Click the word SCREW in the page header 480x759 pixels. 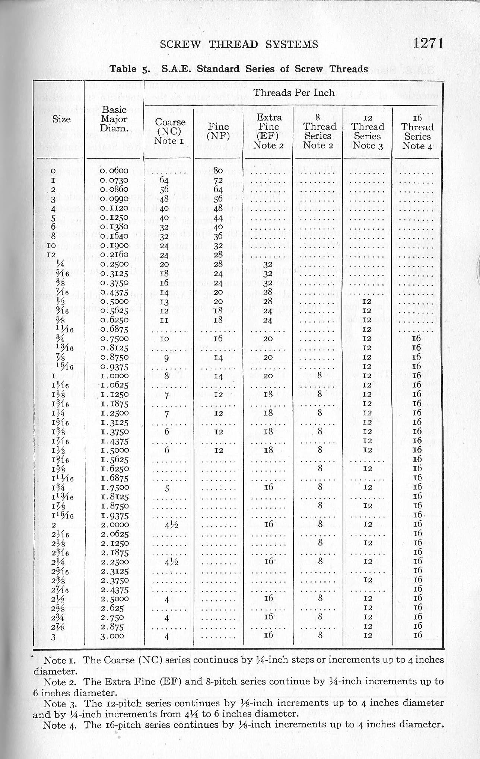[x=181, y=45]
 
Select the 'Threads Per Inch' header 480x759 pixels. [x=294, y=93]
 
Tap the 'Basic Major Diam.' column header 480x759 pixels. [x=114, y=119]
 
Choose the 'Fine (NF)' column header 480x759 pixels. [x=219, y=131]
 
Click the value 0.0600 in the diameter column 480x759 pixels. [x=114, y=171]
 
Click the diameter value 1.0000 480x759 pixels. [x=114, y=376]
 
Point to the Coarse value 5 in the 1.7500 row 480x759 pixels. [x=167, y=488]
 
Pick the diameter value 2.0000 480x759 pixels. [x=114, y=525]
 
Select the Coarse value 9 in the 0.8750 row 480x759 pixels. [x=167, y=358]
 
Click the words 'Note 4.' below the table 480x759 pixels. [x=61, y=725]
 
